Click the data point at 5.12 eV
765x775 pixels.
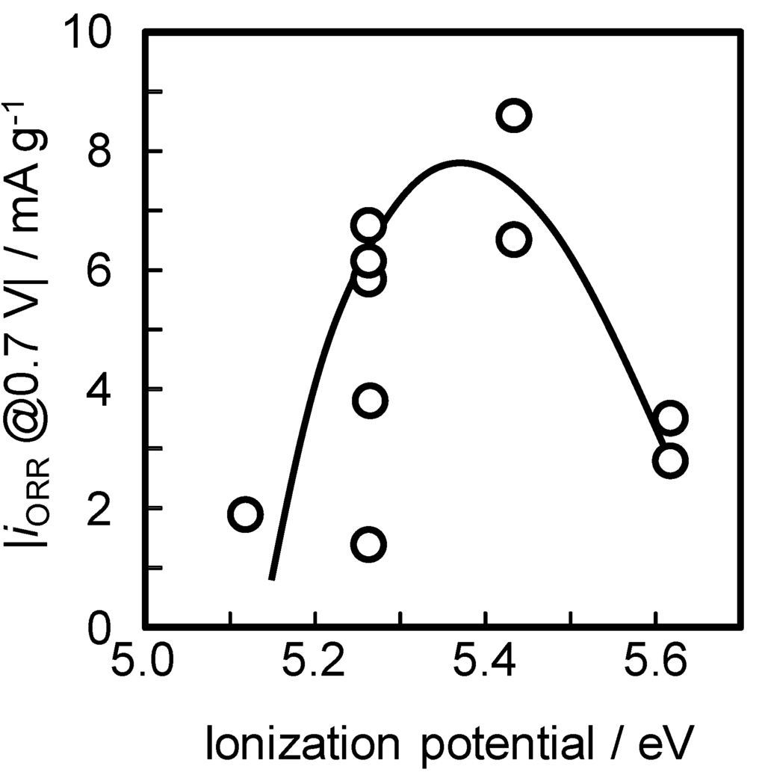pos(246,514)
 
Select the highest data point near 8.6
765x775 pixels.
pos(514,115)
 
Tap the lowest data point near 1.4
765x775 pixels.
pos(368,543)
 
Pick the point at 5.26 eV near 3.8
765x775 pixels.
pos(369,401)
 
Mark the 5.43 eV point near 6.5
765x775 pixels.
pos(514,240)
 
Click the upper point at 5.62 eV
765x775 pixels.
pos(670,418)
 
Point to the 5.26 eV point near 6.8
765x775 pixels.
pos(368,226)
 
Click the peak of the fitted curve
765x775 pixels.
pos(460,162)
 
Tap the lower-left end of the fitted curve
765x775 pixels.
pos(272,577)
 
